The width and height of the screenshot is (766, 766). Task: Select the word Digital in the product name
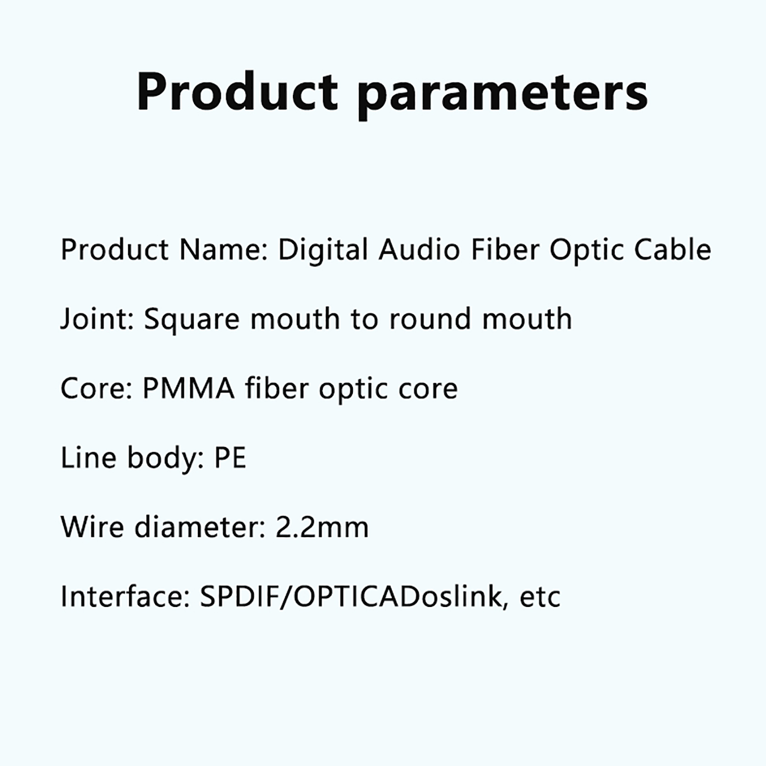pos(323,250)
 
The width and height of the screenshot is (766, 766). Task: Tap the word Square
pos(191,320)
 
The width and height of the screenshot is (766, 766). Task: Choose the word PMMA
pos(189,388)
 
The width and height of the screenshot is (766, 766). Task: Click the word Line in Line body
pos(89,458)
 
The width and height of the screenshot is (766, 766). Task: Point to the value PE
pos(230,458)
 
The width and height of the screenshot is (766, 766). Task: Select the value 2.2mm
pos(322,527)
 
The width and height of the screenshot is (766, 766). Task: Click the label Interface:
pos(125,597)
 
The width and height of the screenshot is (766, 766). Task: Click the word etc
pos(540,597)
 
